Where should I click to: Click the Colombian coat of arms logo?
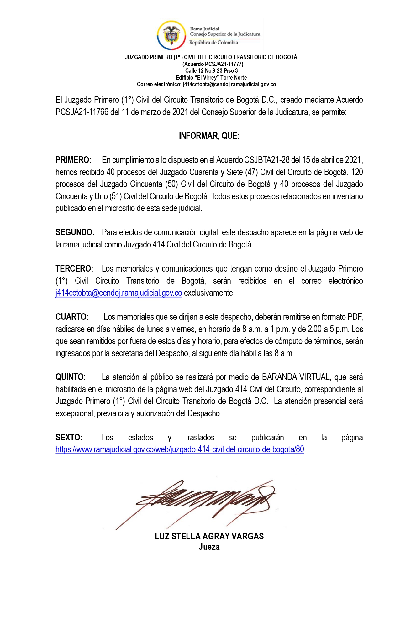[x=171, y=35]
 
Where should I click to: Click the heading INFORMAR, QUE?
[x=209, y=136]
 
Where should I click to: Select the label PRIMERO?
[x=73, y=160]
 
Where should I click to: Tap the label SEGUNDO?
[x=75, y=232]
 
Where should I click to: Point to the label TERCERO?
[x=74, y=269]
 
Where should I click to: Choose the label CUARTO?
[x=72, y=317]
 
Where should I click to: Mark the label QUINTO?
[x=71, y=377]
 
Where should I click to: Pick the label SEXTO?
[x=69, y=438]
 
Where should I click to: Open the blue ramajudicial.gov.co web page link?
[x=180, y=449]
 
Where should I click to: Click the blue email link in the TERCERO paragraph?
[x=118, y=293]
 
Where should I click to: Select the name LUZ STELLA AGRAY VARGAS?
[x=209, y=536]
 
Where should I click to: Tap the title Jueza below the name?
[x=209, y=547]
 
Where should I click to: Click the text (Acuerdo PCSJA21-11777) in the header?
[x=213, y=64]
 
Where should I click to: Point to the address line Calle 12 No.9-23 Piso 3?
[x=211, y=71]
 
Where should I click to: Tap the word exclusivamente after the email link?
[x=209, y=293]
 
